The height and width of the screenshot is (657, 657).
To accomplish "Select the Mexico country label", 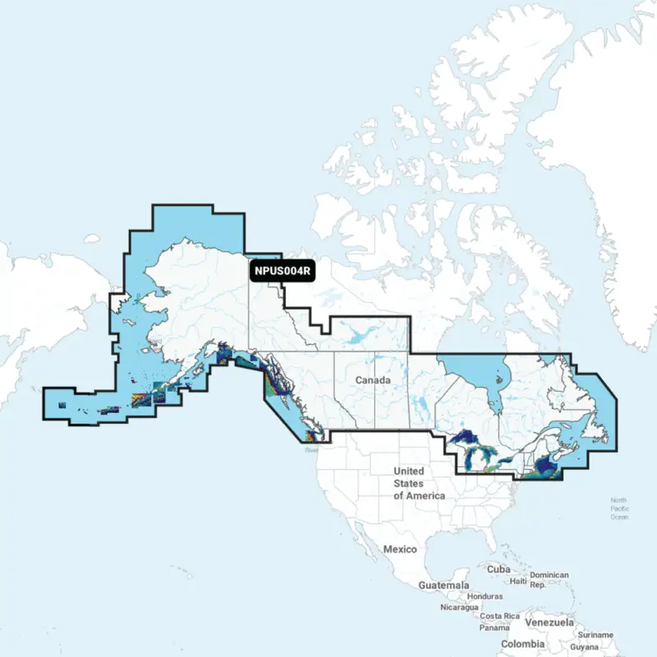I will click(x=400, y=549).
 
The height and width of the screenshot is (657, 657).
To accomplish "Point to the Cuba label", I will click(x=498, y=569).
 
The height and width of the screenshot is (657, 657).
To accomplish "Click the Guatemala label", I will click(x=444, y=585).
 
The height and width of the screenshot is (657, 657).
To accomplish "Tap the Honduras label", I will click(x=484, y=596).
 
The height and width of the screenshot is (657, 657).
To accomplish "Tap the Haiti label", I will click(x=518, y=581).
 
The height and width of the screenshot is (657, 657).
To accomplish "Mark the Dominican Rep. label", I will click(x=549, y=580).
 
